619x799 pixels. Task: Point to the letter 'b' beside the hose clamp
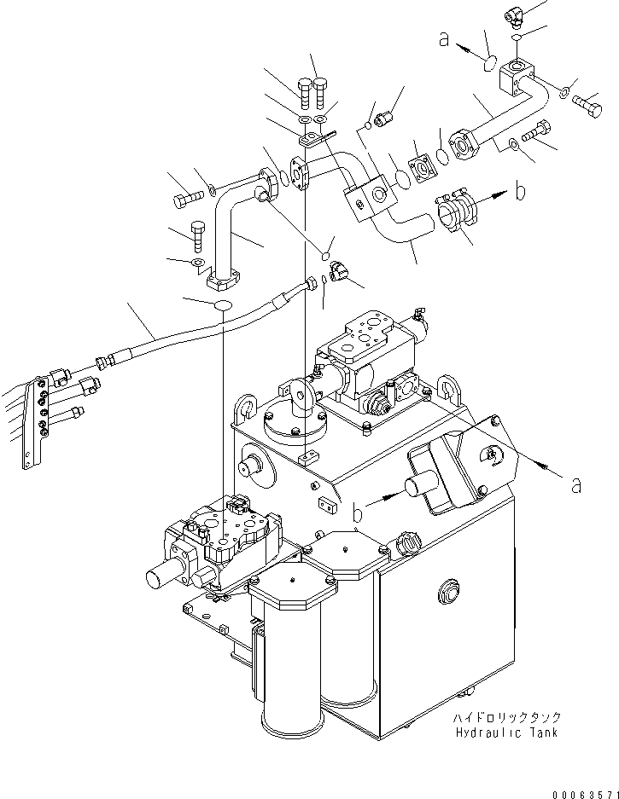coord(520,191)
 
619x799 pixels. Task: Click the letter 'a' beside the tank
coord(577,483)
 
